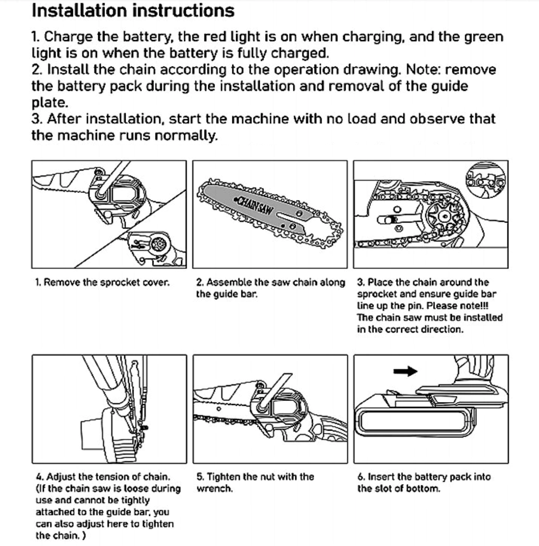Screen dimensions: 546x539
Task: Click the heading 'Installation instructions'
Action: point(133,11)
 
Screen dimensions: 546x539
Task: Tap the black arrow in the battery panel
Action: point(405,371)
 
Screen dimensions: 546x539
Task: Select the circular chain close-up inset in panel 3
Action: point(486,180)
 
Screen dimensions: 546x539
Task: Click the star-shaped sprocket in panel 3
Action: point(444,217)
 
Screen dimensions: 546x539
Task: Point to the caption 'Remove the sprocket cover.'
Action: point(102,283)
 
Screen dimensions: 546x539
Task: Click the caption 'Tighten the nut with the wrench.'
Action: point(255,483)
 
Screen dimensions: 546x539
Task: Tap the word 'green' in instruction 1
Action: point(483,37)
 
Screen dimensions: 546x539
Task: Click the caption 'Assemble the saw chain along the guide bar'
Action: point(270,288)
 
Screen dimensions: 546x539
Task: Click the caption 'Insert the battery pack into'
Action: point(424,477)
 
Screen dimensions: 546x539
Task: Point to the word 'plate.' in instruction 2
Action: point(50,103)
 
